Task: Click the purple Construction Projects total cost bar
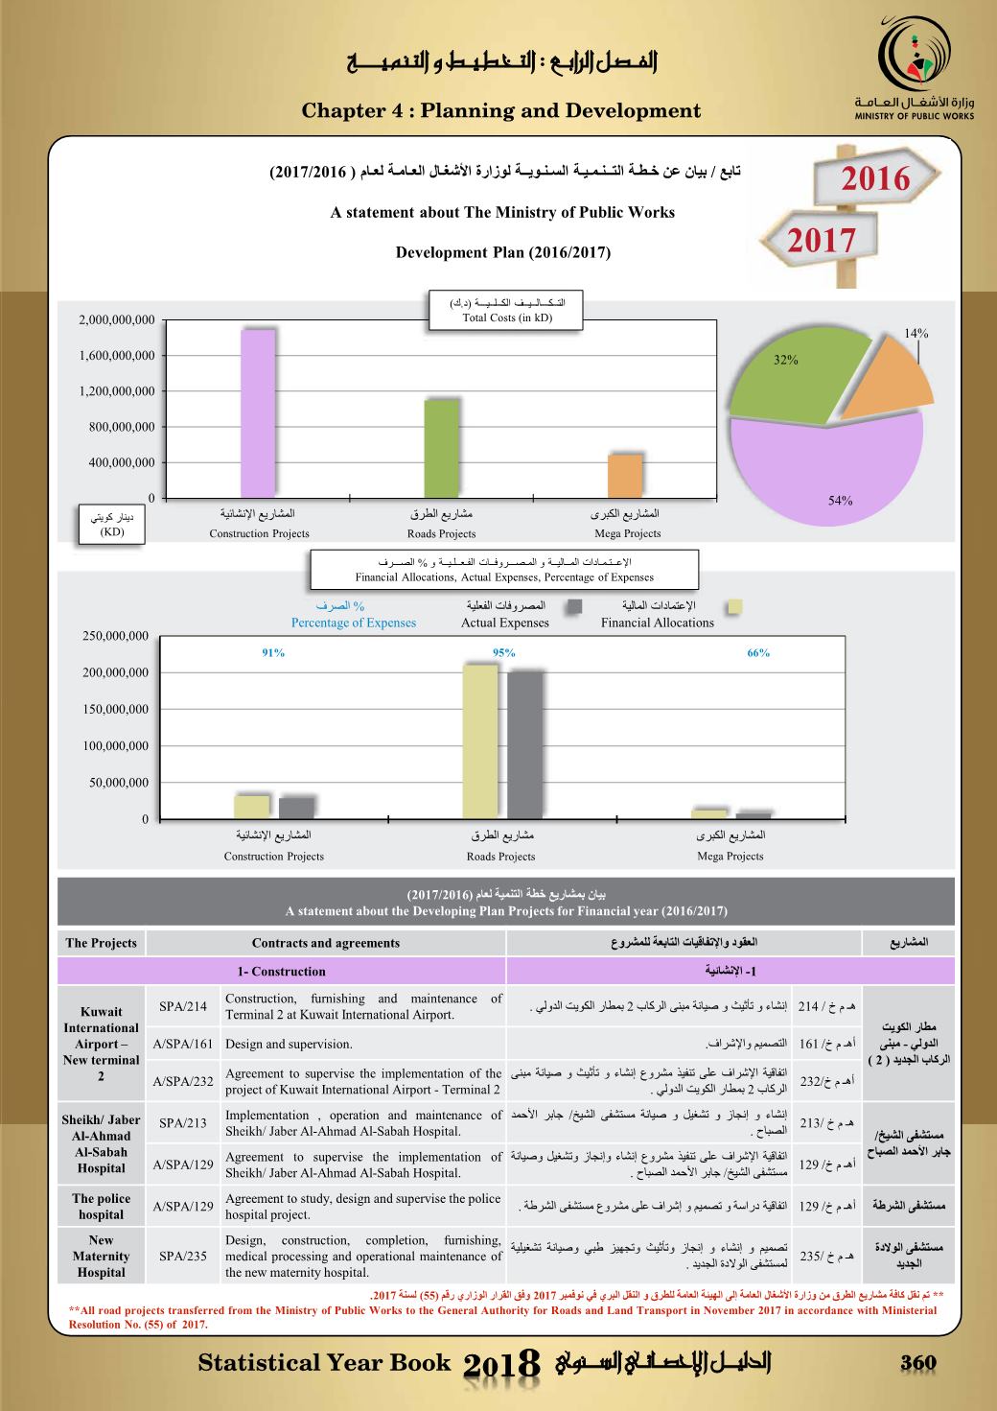click(x=258, y=413)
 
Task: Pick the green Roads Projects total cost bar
click(x=441, y=448)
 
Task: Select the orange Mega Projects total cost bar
click(x=625, y=476)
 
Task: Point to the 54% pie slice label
click(x=840, y=501)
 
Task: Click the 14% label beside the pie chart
click(x=916, y=333)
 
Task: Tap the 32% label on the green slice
click(x=786, y=360)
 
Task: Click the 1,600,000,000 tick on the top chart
click(x=116, y=356)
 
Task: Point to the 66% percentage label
click(x=758, y=653)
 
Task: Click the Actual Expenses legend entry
click(x=505, y=623)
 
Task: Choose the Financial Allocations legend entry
click(x=658, y=623)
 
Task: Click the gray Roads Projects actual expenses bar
click(x=524, y=745)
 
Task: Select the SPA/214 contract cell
click(x=183, y=1006)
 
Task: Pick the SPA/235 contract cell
click(x=183, y=1256)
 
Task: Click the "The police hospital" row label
click(x=101, y=1206)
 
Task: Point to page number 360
click(x=917, y=1363)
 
